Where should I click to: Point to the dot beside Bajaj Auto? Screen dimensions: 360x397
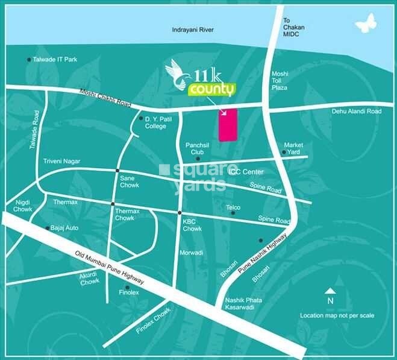(x=48, y=228)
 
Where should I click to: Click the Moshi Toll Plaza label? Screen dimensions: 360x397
(x=280, y=80)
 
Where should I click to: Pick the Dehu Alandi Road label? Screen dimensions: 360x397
(x=357, y=112)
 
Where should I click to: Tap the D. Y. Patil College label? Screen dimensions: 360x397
(x=158, y=123)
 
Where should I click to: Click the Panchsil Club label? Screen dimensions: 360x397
(x=196, y=149)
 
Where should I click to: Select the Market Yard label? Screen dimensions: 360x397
(x=294, y=148)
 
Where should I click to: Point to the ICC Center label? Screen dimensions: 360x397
(x=246, y=171)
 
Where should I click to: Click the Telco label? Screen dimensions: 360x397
(x=233, y=207)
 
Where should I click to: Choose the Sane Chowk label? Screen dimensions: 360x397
(x=130, y=182)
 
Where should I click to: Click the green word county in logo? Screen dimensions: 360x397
(x=211, y=90)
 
